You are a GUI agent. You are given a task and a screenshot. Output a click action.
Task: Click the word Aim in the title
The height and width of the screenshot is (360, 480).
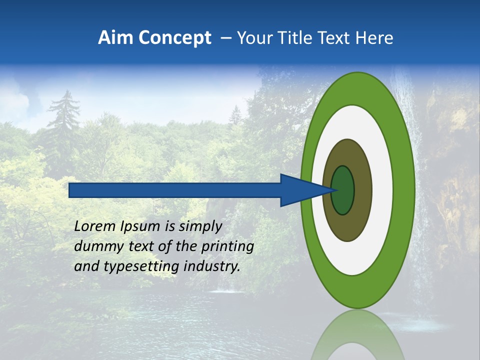[x=114, y=38]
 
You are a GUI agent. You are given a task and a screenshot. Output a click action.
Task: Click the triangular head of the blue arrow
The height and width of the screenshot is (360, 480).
[x=300, y=190]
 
